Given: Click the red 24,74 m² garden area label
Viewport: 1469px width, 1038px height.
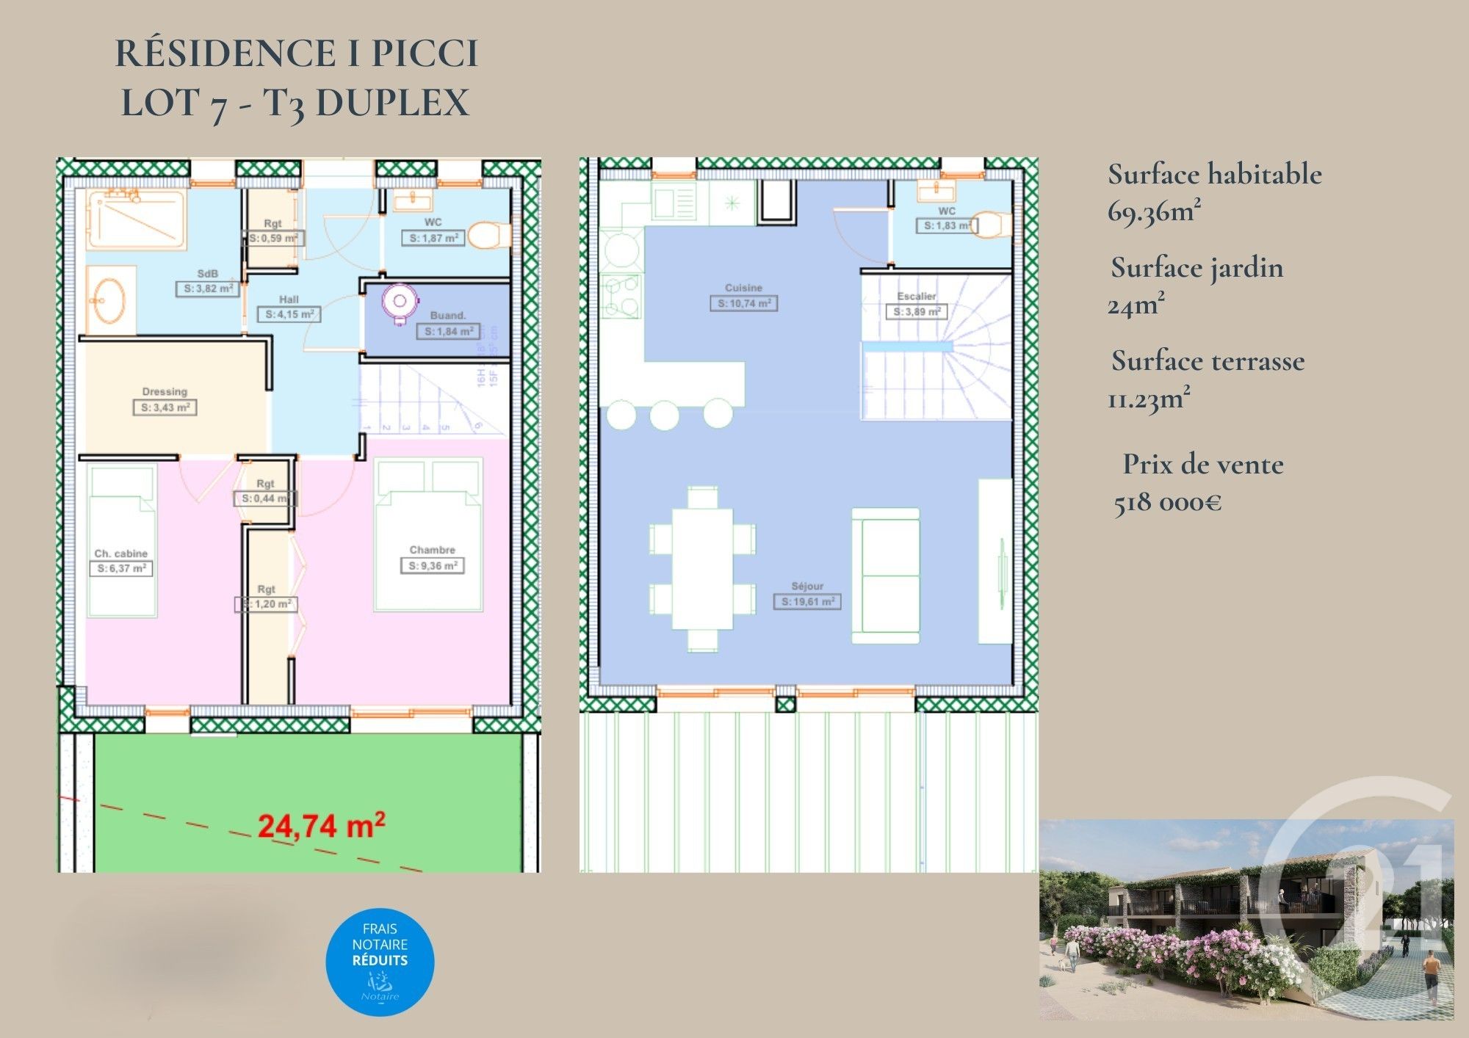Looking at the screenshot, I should (321, 826).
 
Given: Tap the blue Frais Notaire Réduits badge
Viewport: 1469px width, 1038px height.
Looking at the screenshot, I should (380, 962).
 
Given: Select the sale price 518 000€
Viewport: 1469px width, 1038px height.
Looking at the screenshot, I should (1168, 504).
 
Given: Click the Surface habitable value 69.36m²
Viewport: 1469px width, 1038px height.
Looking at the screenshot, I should (1154, 212).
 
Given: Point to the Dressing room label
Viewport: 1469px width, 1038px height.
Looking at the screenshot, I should (165, 392).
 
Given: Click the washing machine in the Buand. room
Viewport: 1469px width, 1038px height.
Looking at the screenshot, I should (400, 302).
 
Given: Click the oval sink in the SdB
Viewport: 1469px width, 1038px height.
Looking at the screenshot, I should (110, 300).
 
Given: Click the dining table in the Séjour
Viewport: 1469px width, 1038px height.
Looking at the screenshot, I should (702, 568).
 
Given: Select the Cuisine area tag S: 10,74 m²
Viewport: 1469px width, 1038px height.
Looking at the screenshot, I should (743, 303).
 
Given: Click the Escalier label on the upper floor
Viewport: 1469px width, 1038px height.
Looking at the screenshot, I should (917, 297).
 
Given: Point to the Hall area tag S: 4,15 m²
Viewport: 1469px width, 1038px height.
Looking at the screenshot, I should (289, 314).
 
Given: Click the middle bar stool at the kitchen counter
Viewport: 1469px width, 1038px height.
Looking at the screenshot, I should (665, 415).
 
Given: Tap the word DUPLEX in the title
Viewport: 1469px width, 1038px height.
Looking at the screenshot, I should (392, 102).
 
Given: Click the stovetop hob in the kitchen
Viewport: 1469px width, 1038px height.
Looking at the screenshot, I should (621, 296).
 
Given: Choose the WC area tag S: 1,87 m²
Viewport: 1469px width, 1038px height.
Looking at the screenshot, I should (433, 239).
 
